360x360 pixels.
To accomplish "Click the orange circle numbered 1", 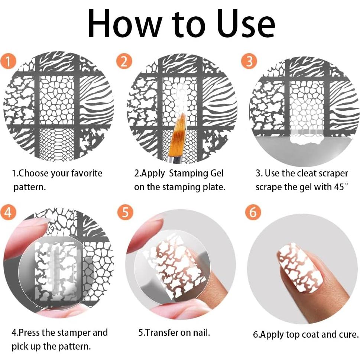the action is coord(9,61).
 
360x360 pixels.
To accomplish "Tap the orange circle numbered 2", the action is coord(124,61).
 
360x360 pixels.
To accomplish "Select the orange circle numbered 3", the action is coord(249,61).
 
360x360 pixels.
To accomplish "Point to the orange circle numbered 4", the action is coord(9,212).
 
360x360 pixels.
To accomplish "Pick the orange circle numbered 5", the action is coord(125,212).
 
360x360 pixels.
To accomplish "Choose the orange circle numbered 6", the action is coord(253,212).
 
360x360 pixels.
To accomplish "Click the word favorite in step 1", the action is coord(87,173).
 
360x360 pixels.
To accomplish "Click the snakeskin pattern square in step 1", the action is coord(56,143).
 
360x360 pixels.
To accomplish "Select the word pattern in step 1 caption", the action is coord(29,187).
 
